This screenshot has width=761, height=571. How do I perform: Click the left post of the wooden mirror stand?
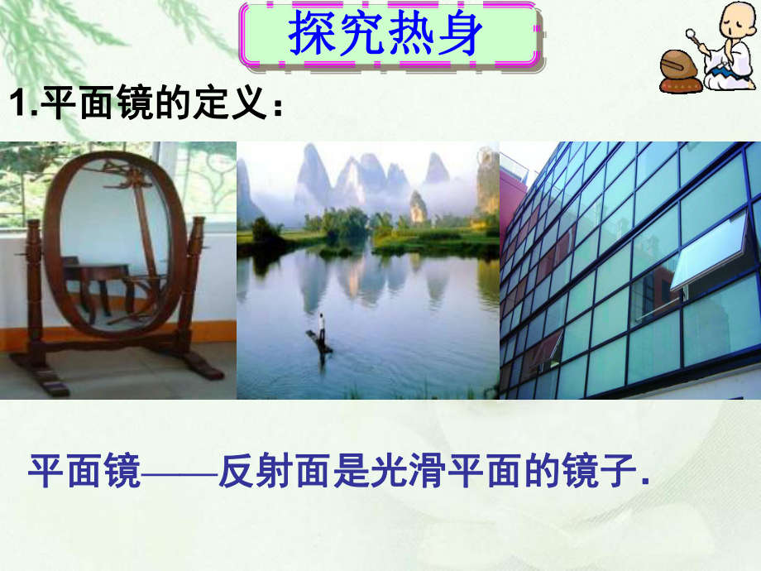32,290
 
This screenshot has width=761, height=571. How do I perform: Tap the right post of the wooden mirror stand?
195,281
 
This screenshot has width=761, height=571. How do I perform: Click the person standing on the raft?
321,324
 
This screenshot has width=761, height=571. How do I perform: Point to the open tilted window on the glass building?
707,252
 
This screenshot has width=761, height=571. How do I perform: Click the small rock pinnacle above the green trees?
419,207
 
